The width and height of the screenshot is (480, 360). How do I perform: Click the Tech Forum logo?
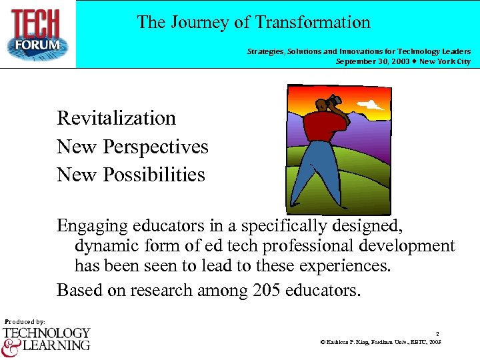click(38, 33)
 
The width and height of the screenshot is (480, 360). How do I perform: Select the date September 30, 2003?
click(373, 61)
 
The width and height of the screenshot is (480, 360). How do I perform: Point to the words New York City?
click(445, 61)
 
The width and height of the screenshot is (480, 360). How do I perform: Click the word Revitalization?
click(117, 118)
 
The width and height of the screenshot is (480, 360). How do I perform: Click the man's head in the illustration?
click(324, 103)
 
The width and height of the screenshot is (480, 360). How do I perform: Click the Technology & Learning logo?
click(46, 339)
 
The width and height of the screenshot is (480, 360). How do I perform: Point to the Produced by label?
click(25, 321)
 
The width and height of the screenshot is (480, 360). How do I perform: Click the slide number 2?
click(437, 333)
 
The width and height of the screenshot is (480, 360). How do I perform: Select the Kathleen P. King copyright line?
click(381, 342)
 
